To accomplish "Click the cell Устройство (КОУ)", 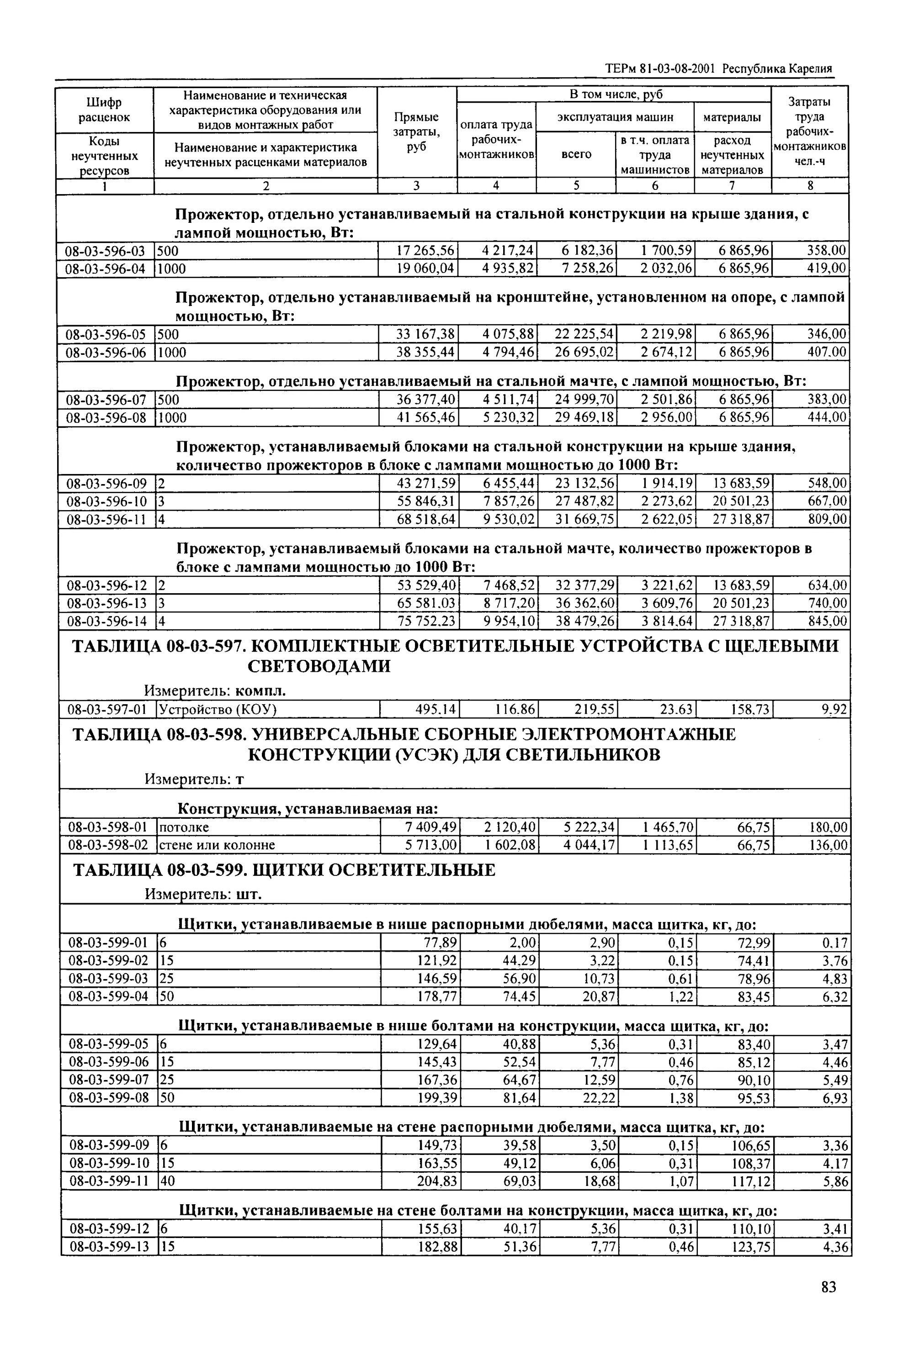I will click(x=218, y=710).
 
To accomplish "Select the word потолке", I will click(x=184, y=828).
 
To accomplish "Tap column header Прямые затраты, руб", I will click(x=416, y=132).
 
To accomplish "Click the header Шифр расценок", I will click(x=104, y=110).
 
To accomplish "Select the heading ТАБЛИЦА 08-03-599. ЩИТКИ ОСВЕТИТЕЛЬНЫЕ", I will click(x=283, y=870).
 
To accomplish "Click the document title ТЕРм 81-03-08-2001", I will click(x=660, y=68).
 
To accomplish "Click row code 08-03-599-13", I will click(x=109, y=1247).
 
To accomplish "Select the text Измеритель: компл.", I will click(x=215, y=690).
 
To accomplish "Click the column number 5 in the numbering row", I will click(x=576, y=185).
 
